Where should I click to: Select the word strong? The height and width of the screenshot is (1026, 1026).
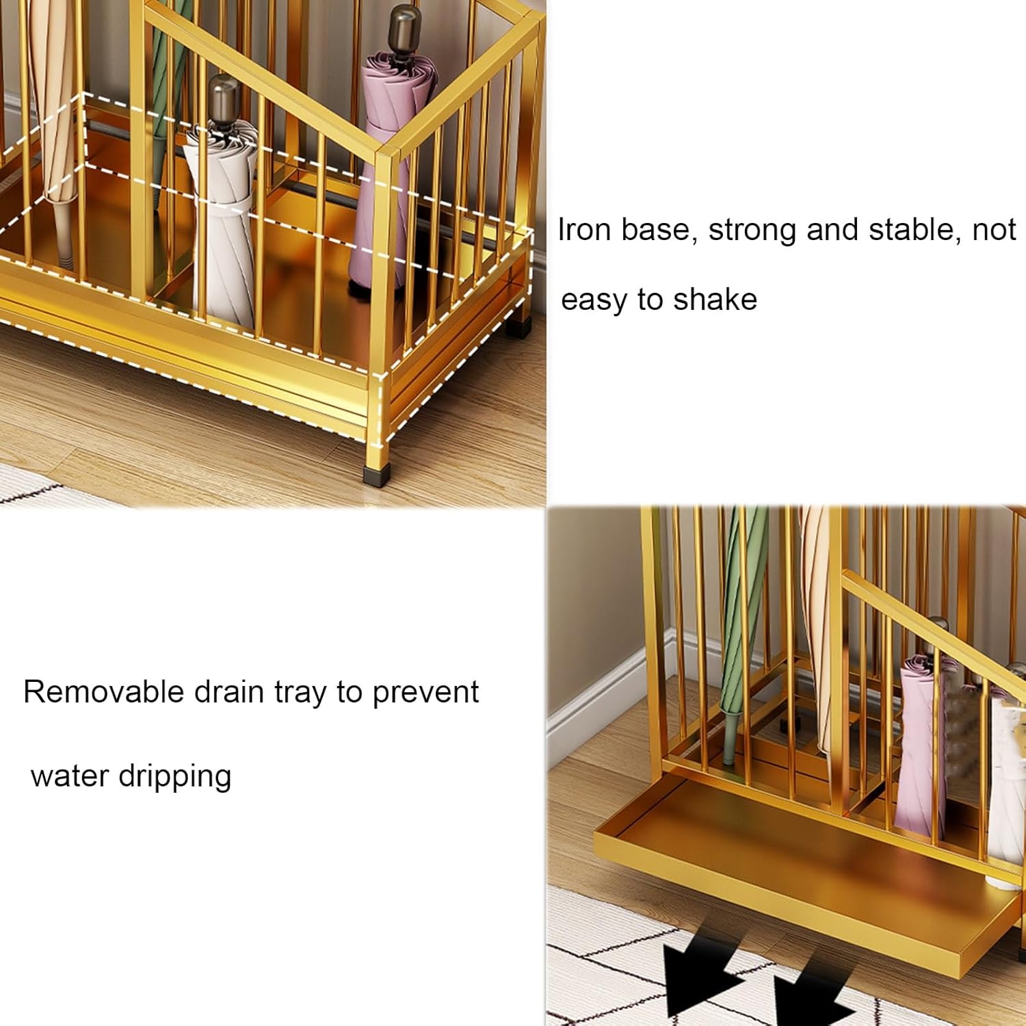752,230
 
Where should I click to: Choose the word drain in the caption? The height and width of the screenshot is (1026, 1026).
229,692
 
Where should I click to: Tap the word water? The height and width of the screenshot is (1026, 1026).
70,776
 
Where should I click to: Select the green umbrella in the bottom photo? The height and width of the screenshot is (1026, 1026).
740,616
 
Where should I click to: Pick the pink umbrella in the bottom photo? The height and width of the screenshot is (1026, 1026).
920,752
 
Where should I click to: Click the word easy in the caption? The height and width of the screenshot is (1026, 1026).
593,300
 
